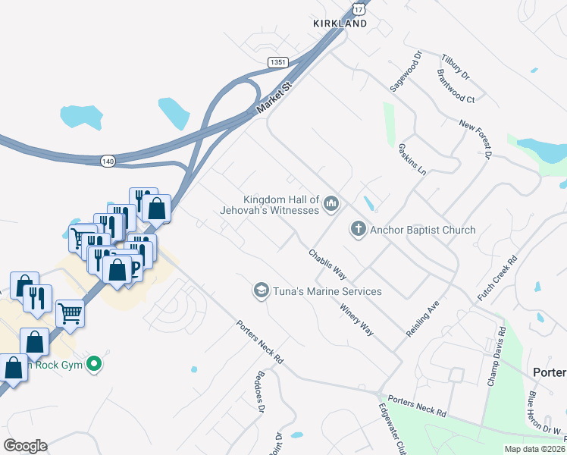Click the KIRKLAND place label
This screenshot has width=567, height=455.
(x=340, y=24)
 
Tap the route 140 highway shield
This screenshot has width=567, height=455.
(x=109, y=161)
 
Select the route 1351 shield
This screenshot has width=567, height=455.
(x=277, y=61)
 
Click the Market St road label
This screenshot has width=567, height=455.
(x=274, y=99)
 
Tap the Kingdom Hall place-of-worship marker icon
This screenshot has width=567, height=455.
(x=331, y=203)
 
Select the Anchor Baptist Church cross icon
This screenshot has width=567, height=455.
(x=359, y=229)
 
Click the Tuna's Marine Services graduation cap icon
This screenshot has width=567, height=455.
(x=261, y=290)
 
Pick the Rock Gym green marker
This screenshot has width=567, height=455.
(x=94, y=364)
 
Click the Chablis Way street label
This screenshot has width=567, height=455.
(x=327, y=263)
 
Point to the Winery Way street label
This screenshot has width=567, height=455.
(x=357, y=320)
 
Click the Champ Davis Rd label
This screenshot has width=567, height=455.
(x=495, y=356)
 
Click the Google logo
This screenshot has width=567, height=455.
(x=25, y=445)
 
